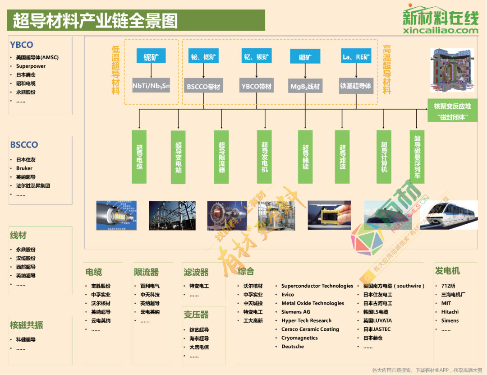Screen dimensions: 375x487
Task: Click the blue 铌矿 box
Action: tap(151, 56)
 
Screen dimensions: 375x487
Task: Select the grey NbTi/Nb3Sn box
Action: tap(151, 85)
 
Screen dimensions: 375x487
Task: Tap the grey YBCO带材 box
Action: tap(257, 86)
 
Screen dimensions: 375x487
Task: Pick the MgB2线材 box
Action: tap(305, 86)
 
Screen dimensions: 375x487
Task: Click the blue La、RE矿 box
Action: tap(356, 56)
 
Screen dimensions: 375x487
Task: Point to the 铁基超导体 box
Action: tap(356, 85)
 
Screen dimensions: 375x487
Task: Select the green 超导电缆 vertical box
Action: tap(139, 157)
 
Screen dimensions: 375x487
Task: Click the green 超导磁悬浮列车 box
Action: tap(417, 157)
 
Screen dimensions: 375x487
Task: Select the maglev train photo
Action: tap(449, 215)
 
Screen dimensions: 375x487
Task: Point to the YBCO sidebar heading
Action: tap(22, 45)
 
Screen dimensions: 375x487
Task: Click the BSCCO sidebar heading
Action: tap(24, 145)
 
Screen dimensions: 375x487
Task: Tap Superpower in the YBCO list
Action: tap(31, 66)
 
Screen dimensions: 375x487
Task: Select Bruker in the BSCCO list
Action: tap(24, 168)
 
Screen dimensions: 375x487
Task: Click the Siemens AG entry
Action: tap(296, 312)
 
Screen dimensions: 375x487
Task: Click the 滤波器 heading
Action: tap(196, 272)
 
